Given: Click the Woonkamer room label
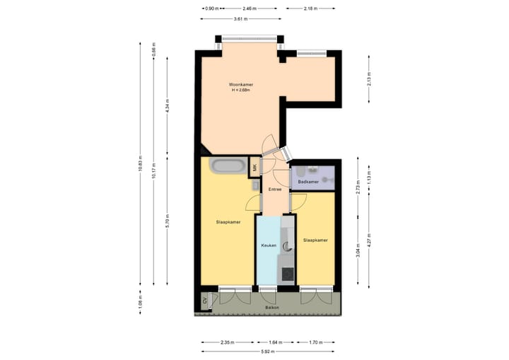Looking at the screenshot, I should pyautogui.click(x=241, y=84).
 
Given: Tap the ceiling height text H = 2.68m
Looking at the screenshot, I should pyautogui.click(x=241, y=91).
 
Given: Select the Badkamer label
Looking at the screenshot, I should pyautogui.click(x=308, y=182).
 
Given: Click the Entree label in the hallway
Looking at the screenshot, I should pyautogui.click(x=275, y=189).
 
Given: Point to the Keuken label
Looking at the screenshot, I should pyautogui.click(x=269, y=245).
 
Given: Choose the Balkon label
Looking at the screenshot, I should pyautogui.click(x=272, y=308).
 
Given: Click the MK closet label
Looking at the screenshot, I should pyautogui.click(x=256, y=168).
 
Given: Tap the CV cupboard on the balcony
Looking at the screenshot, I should pyautogui.click(x=205, y=301).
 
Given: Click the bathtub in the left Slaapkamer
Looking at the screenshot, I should pyautogui.click(x=229, y=167).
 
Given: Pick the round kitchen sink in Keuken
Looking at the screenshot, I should pyautogui.click(x=288, y=247).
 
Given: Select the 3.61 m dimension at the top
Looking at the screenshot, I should pyautogui.click(x=241, y=19).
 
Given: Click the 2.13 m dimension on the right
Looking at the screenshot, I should pyautogui.click(x=369, y=81).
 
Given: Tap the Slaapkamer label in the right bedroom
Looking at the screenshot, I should pyautogui.click(x=315, y=240).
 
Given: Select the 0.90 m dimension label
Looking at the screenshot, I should pyautogui.click(x=210, y=8).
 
